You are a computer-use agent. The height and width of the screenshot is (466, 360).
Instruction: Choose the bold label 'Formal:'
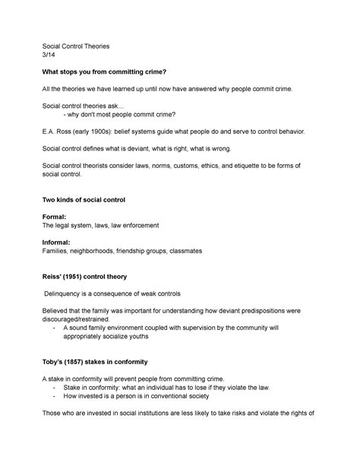[57, 217]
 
